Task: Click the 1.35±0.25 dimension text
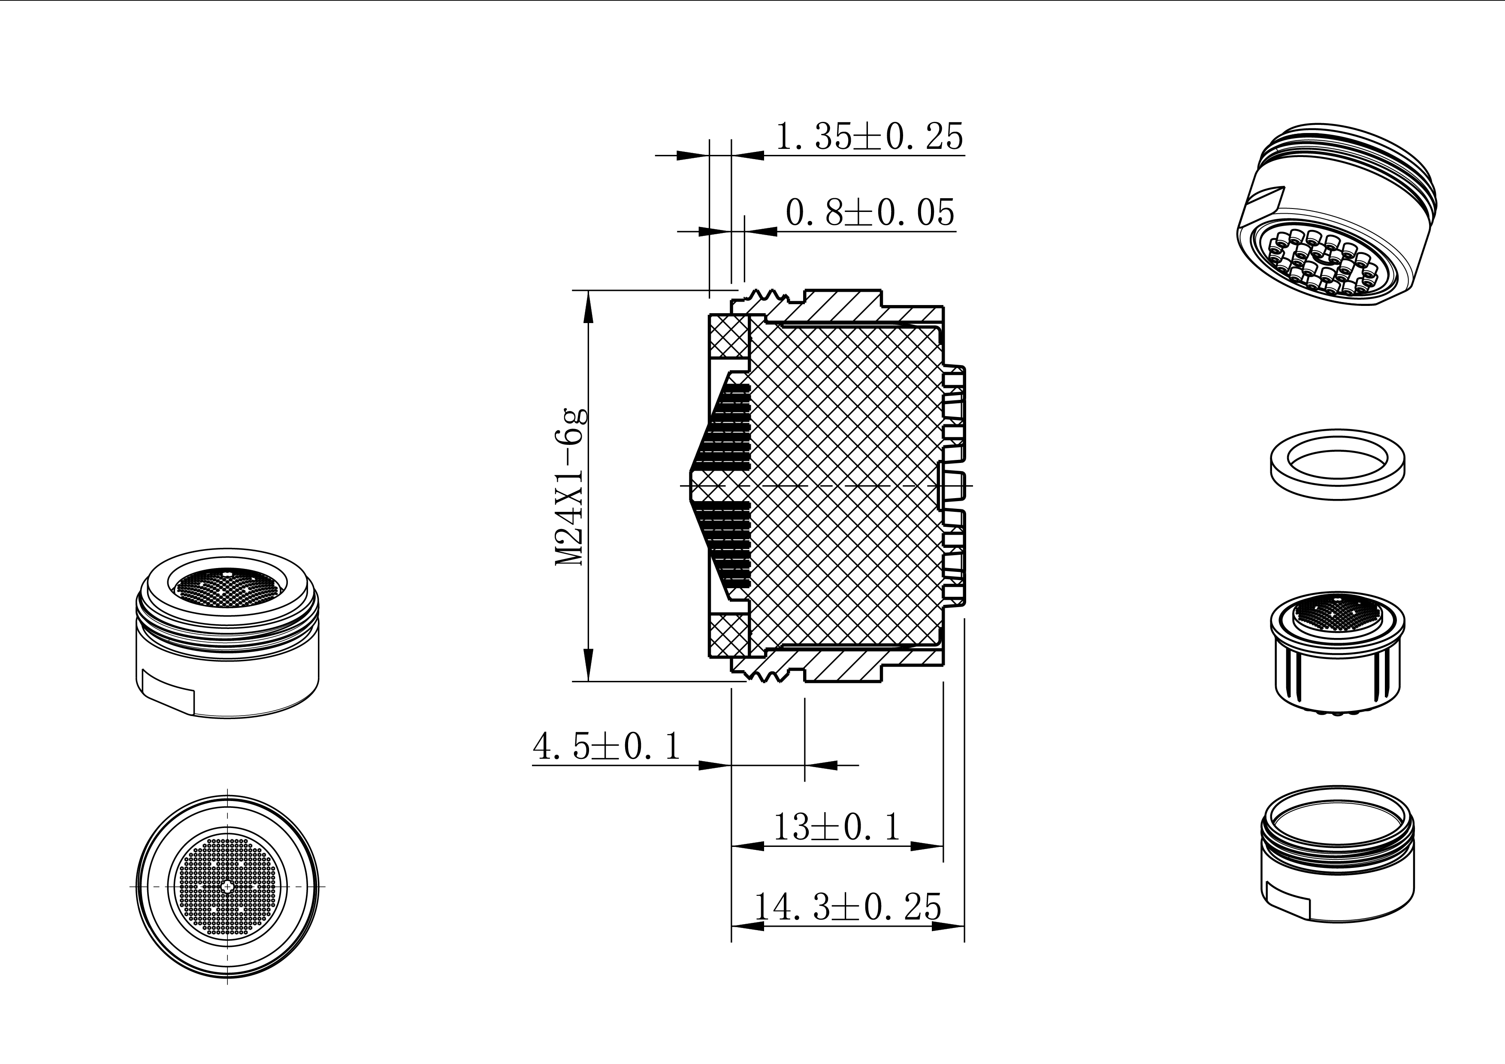(870, 137)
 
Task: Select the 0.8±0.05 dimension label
(870, 212)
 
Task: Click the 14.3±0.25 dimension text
(848, 907)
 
